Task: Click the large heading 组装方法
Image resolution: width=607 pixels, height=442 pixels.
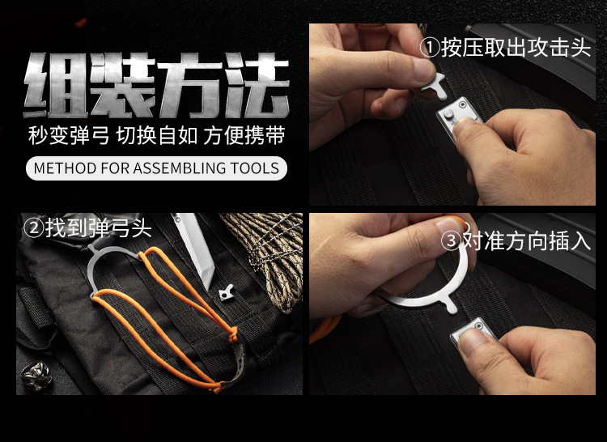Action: click(x=156, y=85)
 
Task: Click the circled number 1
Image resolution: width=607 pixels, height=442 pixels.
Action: click(x=430, y=48)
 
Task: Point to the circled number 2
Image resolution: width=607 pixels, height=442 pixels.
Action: click(x=34, y=228)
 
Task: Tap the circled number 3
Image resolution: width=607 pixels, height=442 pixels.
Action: click(x=451, y=240)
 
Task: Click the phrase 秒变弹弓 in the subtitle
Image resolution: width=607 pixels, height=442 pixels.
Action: click(x=69, y=135)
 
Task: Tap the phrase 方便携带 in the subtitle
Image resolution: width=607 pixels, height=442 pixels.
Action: click(x=244, y=135)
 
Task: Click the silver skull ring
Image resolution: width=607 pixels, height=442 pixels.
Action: click(x=36, y=375)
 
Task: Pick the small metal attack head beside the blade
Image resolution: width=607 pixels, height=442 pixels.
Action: click(x=227, y=292)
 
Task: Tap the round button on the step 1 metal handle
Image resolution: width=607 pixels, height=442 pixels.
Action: click(x=448, y=113)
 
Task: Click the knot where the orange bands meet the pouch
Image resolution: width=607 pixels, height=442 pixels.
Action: click(x=233, y=334)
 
